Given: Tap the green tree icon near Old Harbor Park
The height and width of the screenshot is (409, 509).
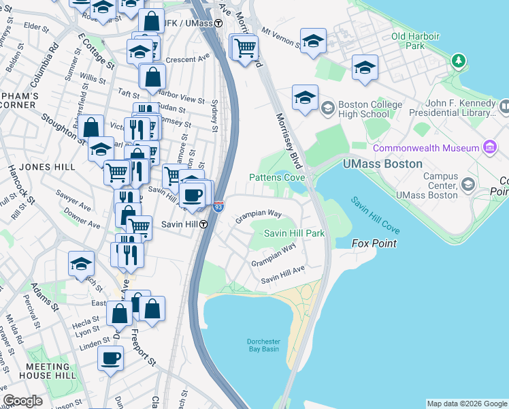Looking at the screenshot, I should coord(459,61).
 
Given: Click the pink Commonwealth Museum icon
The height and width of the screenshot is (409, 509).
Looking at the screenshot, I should coord(489,147).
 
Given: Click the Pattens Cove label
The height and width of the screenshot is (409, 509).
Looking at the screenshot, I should coord(276,177).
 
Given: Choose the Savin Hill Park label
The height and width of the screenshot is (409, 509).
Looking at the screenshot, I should coord(294,233).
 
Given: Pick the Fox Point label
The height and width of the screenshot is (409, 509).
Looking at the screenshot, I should coord(374,243).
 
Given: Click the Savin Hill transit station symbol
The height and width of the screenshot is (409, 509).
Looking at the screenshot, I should coord(203,224).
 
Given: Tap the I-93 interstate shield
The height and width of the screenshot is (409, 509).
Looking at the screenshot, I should coord(218,205).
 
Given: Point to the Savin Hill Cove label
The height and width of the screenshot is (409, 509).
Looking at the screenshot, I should coord(375,213).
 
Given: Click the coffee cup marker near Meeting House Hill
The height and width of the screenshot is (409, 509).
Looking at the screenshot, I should coord(110,357).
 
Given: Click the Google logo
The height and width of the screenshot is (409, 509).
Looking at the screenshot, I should coord(23,401).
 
